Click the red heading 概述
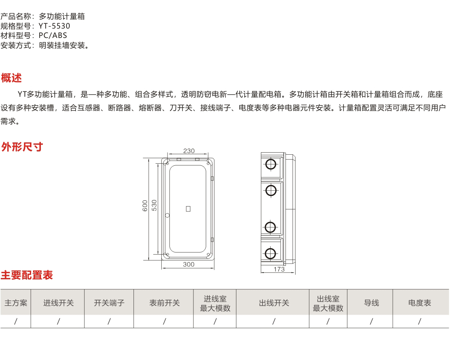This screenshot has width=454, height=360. pyautogui.click(x=11, y=78)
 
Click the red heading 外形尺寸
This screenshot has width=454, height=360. pyautogui.click(x=22, y=147)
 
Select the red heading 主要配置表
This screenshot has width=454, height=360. pyautogui.click(x=27, y=275)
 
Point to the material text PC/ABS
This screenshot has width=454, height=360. pyautogui.click(x=53, y=36)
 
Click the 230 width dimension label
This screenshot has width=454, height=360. pyautogui.click(x=189, y=151)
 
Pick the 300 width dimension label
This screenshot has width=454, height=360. pyautogui.click(x=189, y=264)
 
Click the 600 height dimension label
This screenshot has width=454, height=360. pyautogui.click(x=145, y=206)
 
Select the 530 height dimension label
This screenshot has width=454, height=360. pyautogui.click(x=154, y=205)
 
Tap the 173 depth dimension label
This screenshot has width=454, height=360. pyautogui.click(x=279, y=269)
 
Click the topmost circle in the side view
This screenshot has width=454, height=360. pyautogui.click(x=271, y=164)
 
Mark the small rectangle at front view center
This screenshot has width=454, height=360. pyautogui.click(x=188, y=209)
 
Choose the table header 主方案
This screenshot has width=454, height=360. pyautogui.click(x=16, y=303)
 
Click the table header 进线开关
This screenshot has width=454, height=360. pyautogui.click(x=58, y=303)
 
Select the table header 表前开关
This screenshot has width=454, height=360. pyautogui.click(x=165, y=303)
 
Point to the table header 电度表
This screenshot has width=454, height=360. pyautogui.click(x=420, y=303)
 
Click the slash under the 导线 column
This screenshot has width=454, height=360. pyautogui.click(x=372, y=321)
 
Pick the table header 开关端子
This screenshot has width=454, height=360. pyautogui.click(x=109, y=303)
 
